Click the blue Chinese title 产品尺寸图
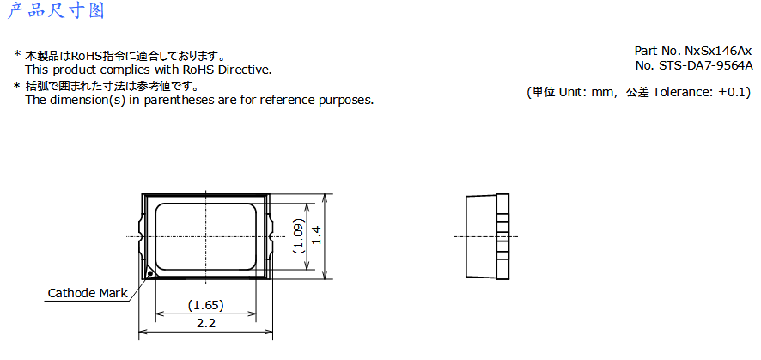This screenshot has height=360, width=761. (x=56, y=10)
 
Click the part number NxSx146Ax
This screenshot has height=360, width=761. (x=718, y=51)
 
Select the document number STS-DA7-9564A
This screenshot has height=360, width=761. (x=704, y=66)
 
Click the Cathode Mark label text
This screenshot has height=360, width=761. (x=88, y=293)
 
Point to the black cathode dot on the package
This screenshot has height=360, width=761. (x=150, y=273)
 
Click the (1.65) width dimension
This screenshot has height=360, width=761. (x=206, y=306)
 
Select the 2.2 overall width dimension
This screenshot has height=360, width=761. (x=206, y=324)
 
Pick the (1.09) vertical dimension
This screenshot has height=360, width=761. (x=299, y=237)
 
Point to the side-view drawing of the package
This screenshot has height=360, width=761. (x=487, y=236)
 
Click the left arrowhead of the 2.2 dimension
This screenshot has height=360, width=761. (x=143, y=333)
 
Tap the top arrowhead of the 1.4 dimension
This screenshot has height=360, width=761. (x=324, y=198)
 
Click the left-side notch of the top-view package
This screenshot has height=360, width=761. (x=140, y=236)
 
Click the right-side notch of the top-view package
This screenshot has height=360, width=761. (x=271, y=236)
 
